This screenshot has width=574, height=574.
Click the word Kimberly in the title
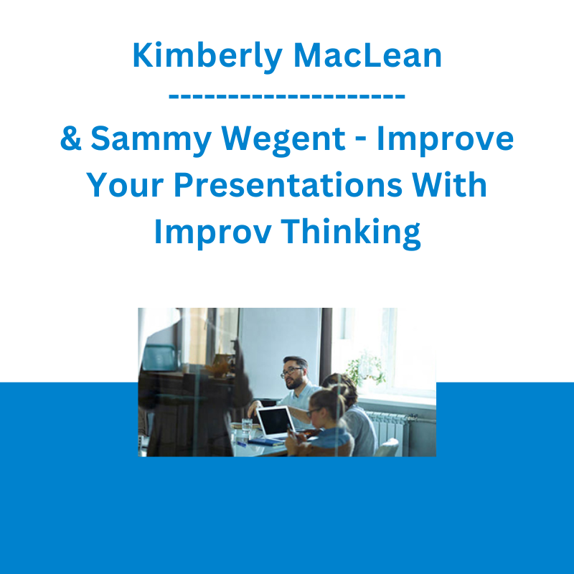207,57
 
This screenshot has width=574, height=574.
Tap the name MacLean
367,55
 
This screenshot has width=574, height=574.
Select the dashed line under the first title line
286,97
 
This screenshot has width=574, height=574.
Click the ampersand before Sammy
70,138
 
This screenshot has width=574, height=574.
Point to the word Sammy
151,141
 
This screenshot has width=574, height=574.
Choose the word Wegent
283,141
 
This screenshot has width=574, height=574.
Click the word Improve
445,140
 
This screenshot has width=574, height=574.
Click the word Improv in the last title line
212,232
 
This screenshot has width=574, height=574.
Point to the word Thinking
351,232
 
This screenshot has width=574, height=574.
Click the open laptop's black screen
275,421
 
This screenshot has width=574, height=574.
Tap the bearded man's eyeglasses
291,372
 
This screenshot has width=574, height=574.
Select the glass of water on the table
247,426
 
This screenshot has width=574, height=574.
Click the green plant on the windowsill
366,370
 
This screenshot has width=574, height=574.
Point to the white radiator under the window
389,432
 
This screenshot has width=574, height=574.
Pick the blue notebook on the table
265,442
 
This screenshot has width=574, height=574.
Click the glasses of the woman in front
314,413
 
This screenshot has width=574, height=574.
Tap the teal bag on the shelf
160,357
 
